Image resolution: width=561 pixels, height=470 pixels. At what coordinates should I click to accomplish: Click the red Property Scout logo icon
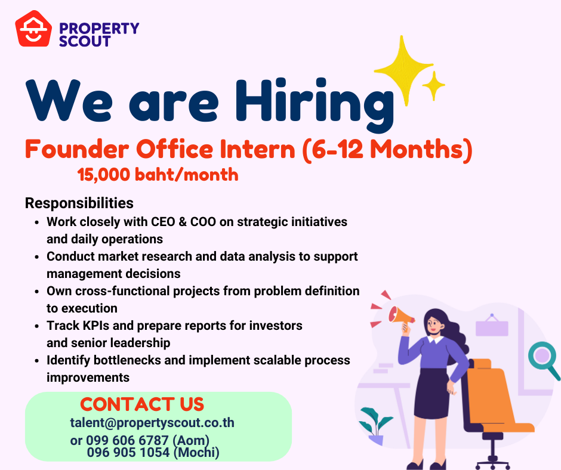click(x=33, y=29)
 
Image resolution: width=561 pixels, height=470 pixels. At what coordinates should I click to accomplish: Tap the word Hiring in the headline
click(x=314, y=104)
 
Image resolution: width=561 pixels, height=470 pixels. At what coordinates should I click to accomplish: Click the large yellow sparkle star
click(x=404, y=70)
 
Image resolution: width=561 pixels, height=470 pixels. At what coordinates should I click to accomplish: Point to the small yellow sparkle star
click(x=434, y=85)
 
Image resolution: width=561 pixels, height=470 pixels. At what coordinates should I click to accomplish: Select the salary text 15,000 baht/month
click(x=158, y=175)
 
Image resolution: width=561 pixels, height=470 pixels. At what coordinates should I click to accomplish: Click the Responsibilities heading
click(x=79, y=203)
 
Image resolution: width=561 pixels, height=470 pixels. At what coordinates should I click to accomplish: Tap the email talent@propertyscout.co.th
click(x=152, y=423)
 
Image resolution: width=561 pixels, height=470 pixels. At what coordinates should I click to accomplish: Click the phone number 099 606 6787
click(x=127, y=440)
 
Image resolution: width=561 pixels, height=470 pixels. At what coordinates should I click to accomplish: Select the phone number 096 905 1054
click(x=128, y=453)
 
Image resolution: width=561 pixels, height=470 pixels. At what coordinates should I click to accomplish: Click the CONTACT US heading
click(x=142, y=404)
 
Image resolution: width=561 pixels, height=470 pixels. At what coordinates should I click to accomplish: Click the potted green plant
click(x=375, y=426)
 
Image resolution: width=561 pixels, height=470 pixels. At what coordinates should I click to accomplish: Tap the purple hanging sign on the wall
click(x=492, y=326)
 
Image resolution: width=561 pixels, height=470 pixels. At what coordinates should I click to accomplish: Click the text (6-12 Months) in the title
click(x=388, y=150)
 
